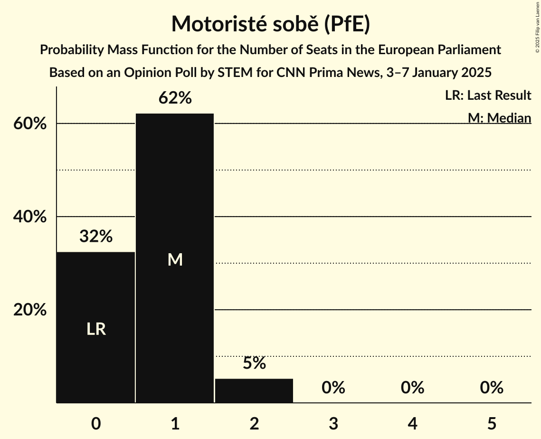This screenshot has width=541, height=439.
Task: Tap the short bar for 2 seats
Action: click(254, 391)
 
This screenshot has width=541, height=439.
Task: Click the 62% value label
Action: click(175, 98)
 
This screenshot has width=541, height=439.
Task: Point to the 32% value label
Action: click(95, 236)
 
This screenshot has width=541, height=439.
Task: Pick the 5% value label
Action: click(254, 363)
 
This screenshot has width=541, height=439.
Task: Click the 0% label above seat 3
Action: click(333, 388)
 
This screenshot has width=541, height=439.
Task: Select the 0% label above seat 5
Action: click(491, 388)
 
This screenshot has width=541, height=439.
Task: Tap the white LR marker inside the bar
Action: click(96, 329)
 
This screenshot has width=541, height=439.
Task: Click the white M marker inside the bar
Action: click(175, 259)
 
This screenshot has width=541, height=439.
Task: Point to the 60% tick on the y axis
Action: click(29, 124)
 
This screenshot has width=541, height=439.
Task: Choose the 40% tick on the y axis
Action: click(29, 217)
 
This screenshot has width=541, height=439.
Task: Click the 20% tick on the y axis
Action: click(29, 310)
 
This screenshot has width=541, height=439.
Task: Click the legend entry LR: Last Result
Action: click(488, 95)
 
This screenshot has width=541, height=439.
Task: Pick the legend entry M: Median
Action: click(499, 118)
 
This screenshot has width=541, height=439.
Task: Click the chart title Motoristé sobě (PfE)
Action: click(270, 24)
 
